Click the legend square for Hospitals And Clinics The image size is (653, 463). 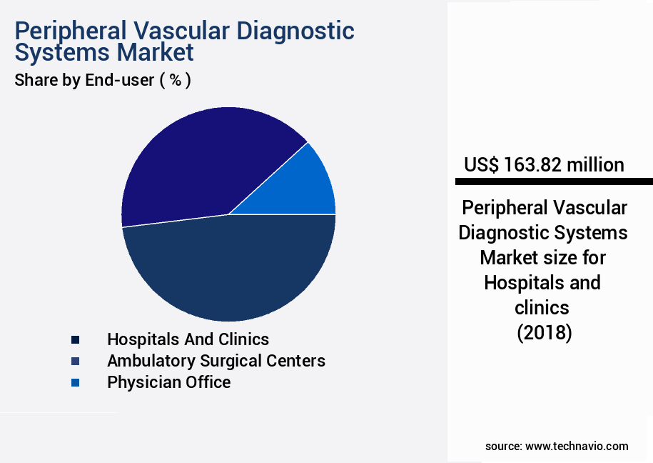pyautogui.click(x=75, y=339)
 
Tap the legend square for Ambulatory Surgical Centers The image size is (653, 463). pyautogui.click(x=75, y=361)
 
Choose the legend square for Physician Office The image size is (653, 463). pyautogui.click(x=75, y=383)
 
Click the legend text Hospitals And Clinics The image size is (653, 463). pyautogui.click(x=188, y=339)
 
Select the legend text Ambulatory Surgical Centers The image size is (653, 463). pyautogui.click(x=216, y=361)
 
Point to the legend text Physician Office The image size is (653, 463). pyautogui.click(x=168, y=382)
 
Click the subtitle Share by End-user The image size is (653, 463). pyautogui.click(x=84, y=80)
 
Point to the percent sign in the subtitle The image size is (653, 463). pyautogui.click(x=175, y=80)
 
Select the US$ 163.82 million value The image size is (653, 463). pyautogui.click(x=544, y=165)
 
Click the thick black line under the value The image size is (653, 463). pyautogui.click(x=550, y=181)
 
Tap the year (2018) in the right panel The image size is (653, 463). pyautogui.click(x=544, y=333)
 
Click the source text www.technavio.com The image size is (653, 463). pyautogui.click(x=577, y=446)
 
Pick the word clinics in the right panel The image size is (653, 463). pyautogui.click(x=542, y=308)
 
